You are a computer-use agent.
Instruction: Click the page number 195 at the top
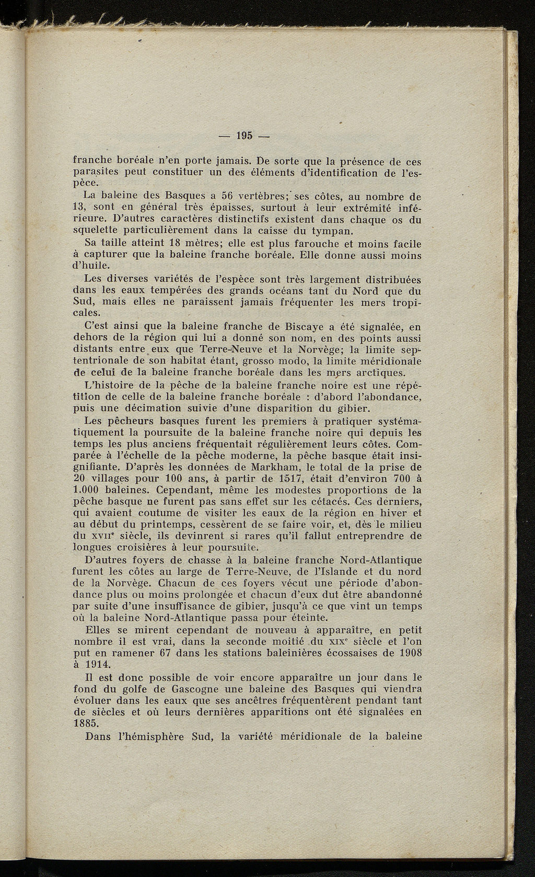point(244,136)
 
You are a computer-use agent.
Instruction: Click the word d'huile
point(91,266)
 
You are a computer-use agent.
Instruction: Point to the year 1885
point(86,723)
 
